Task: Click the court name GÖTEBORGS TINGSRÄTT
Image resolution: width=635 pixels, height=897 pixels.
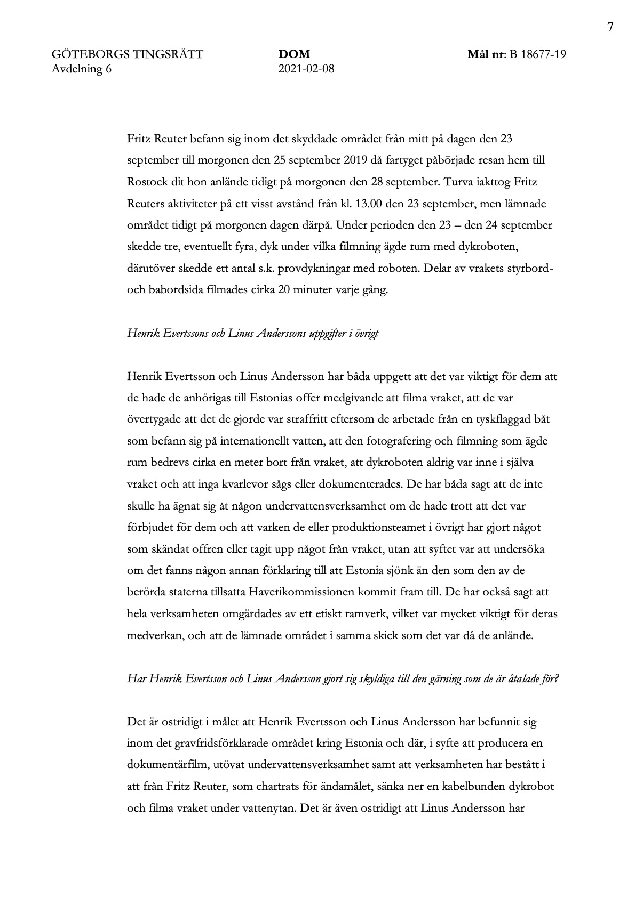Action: (128, 54)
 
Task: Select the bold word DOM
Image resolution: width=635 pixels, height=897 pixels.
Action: (294, 54)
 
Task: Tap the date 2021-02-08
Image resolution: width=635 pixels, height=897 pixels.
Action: (306, 68)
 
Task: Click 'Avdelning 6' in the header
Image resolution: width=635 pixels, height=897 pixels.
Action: (82, 68)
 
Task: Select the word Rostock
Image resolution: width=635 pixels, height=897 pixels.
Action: (146, 182)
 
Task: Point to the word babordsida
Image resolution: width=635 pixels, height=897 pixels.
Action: (170, 290)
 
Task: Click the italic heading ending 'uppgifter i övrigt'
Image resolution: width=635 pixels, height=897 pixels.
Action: (253, 334)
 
